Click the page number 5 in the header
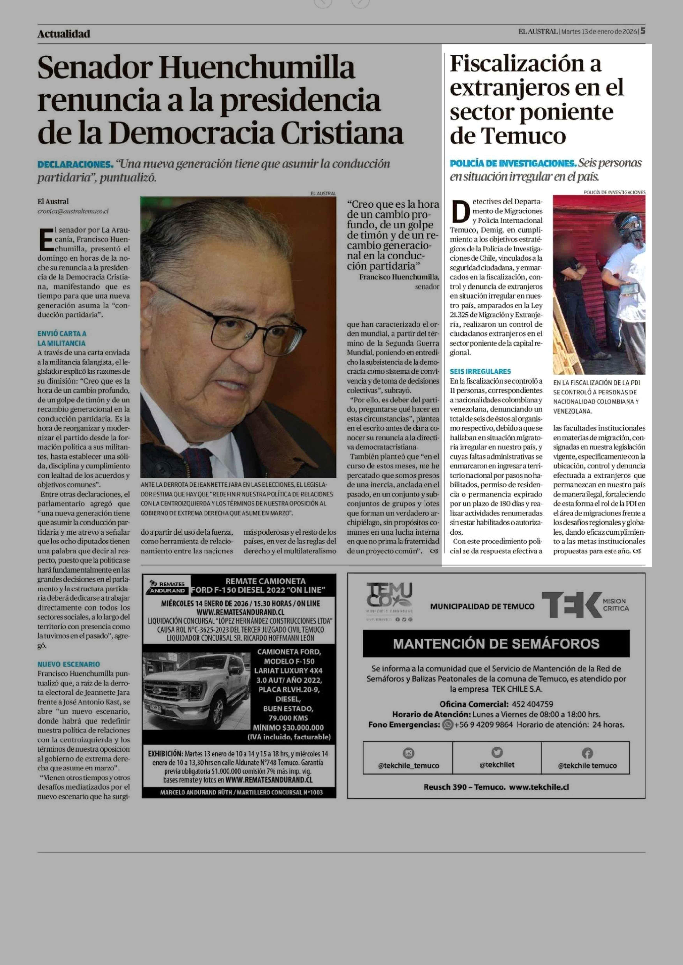tap(643, 31)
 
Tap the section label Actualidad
tap(63, 34)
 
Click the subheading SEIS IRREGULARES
tap(480, 371)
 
